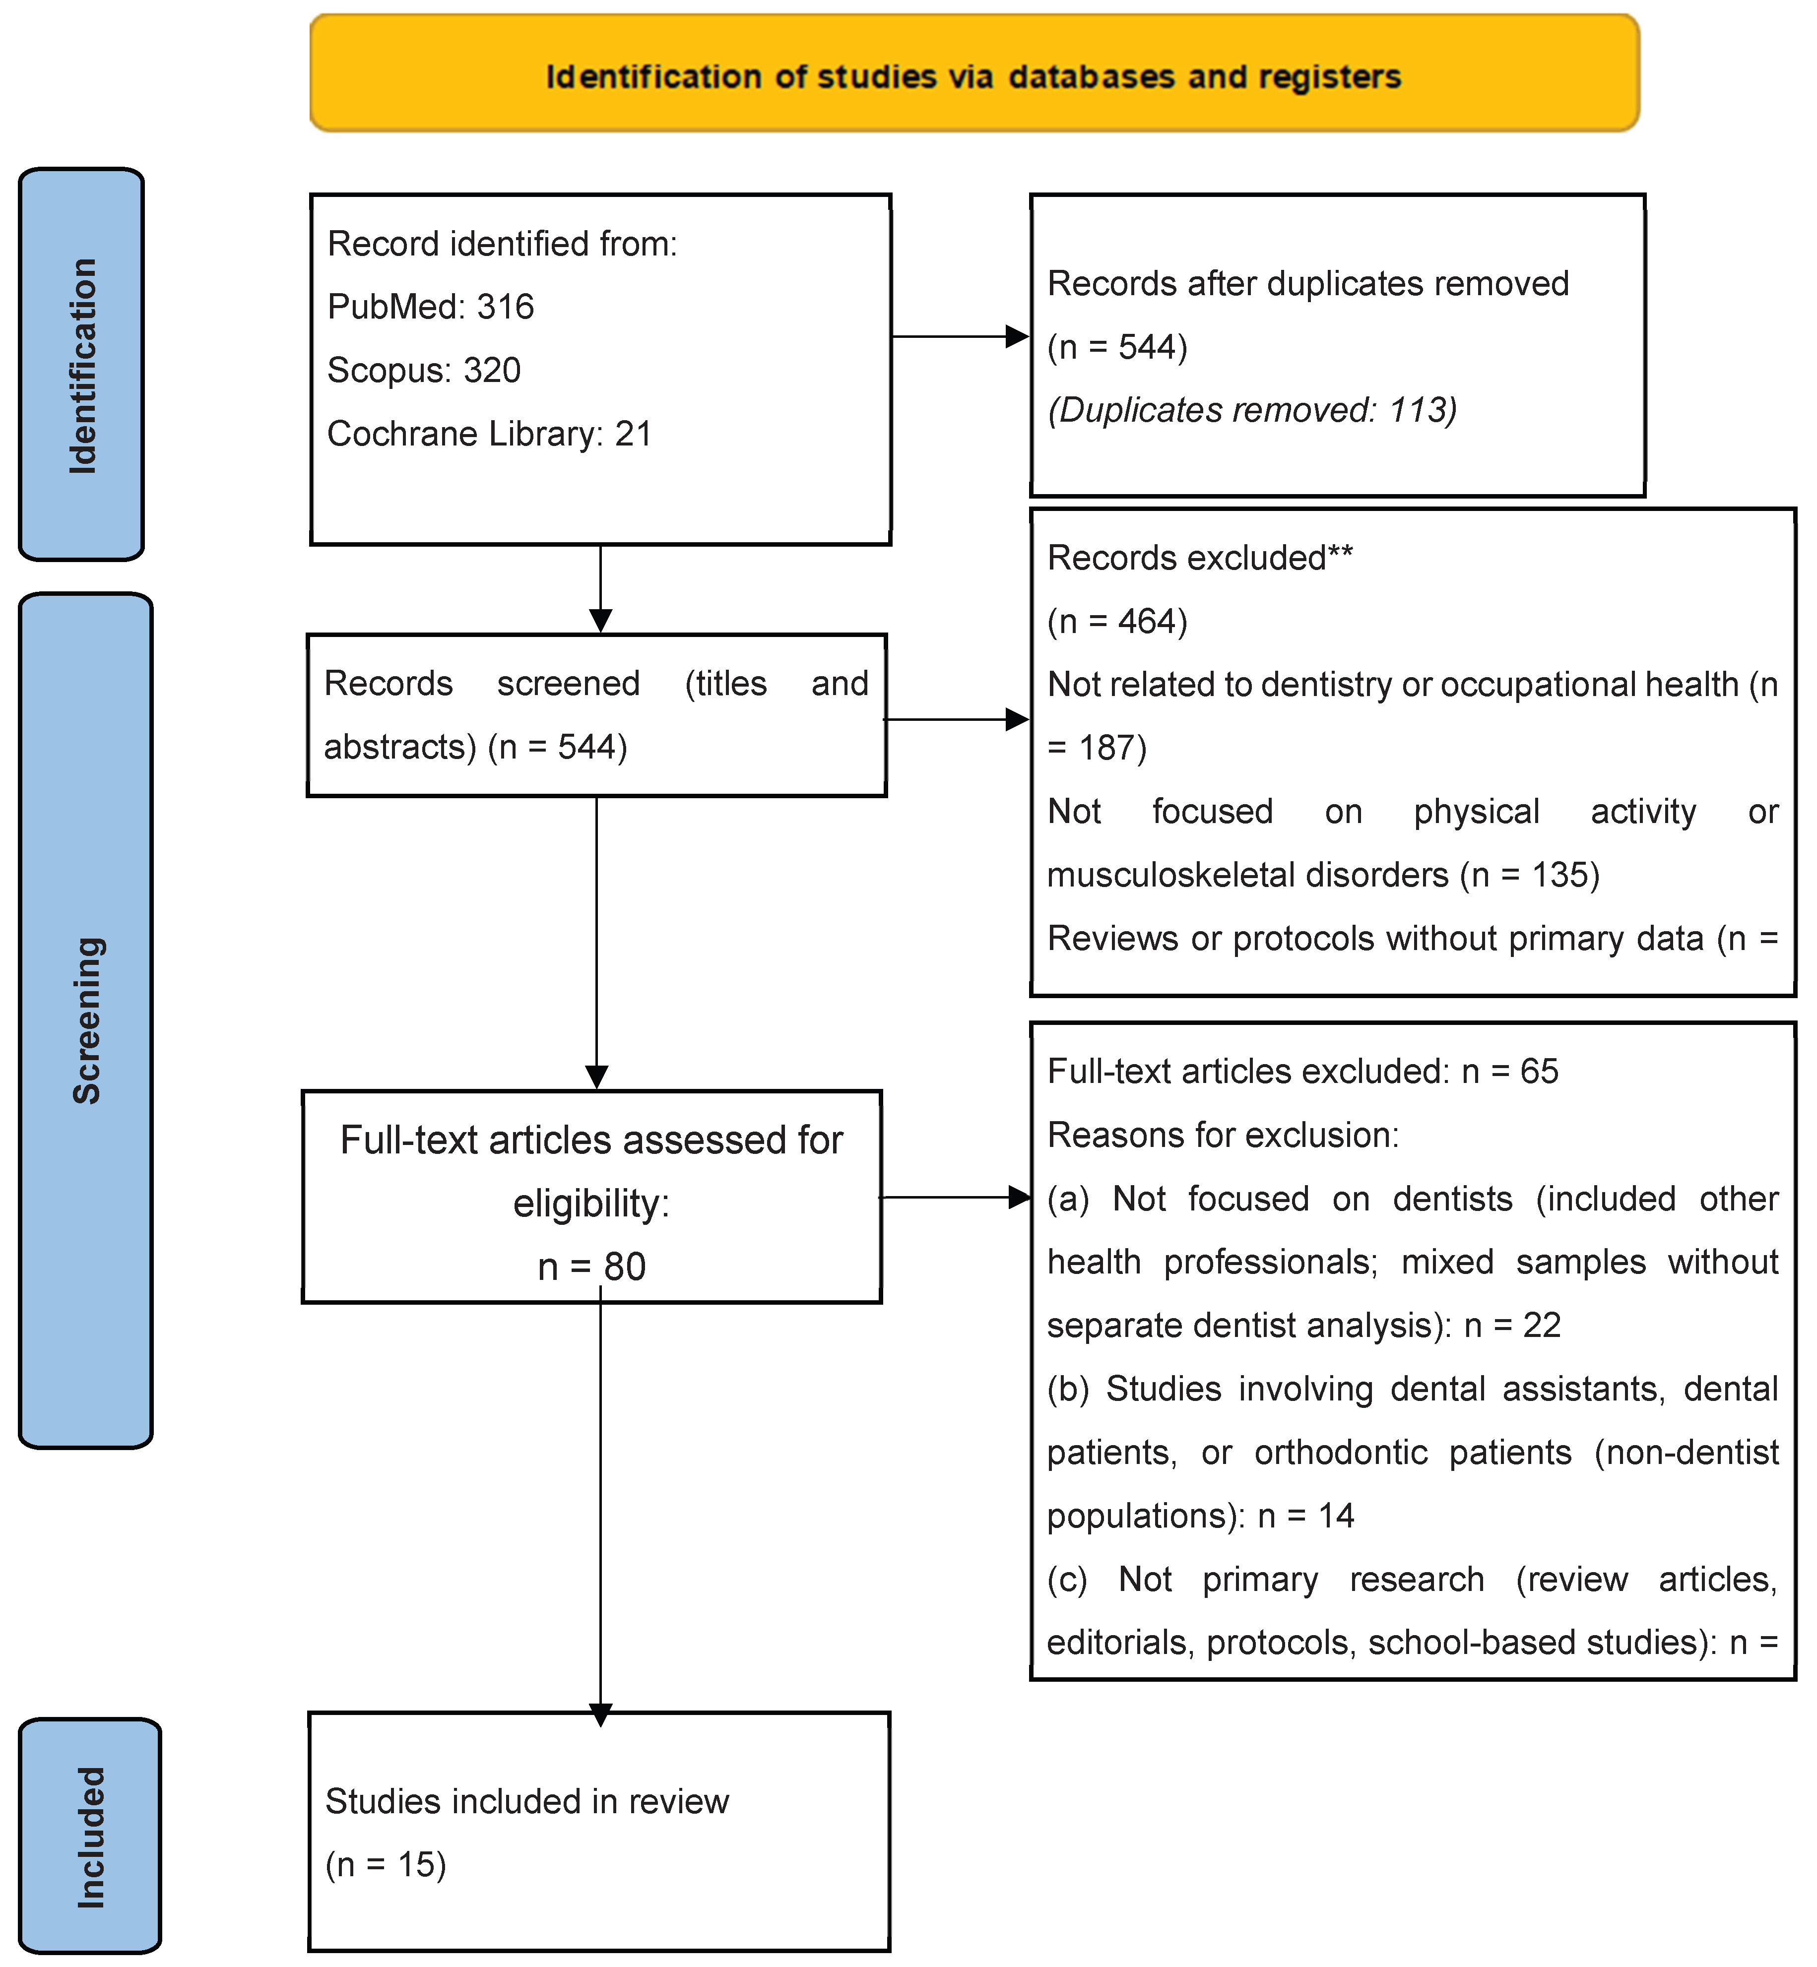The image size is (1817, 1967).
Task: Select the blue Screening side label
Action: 86,1020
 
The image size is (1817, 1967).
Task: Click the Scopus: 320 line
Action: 424,371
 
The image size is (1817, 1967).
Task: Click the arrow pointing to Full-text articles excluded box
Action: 954,1197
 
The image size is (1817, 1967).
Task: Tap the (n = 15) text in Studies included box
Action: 386,1865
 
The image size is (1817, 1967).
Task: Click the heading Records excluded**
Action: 1200,558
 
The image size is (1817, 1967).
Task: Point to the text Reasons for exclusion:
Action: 1222,1136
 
